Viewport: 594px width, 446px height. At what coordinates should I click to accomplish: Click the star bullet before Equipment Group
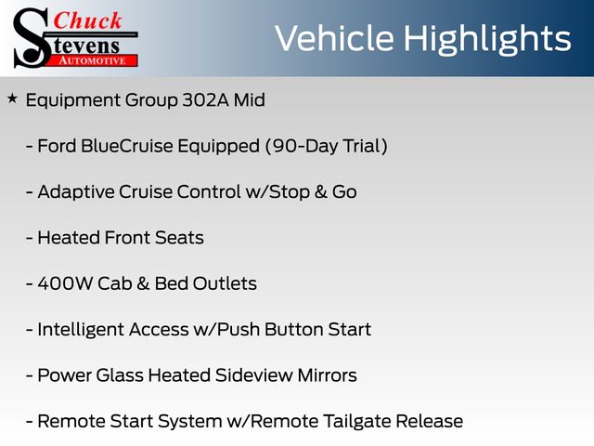[12, 99]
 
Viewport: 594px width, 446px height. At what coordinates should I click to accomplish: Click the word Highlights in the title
[486, 40]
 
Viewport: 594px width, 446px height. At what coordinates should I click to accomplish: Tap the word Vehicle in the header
[334, 38]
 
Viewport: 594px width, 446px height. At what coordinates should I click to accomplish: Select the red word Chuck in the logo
[87, 20]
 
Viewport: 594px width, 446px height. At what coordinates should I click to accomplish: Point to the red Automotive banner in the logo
[92, 60]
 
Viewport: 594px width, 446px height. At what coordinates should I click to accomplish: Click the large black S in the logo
[31, 38]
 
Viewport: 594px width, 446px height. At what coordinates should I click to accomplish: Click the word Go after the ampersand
[344, 192]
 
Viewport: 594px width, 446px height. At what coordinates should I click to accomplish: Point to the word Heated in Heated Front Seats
[69, 238]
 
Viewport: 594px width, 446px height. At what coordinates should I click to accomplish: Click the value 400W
[65, 283]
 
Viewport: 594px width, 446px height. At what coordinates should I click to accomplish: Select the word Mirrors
[327, 375]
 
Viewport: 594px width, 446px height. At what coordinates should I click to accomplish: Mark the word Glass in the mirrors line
[120, 375]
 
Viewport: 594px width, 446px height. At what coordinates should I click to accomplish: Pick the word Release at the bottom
[429, 421]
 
